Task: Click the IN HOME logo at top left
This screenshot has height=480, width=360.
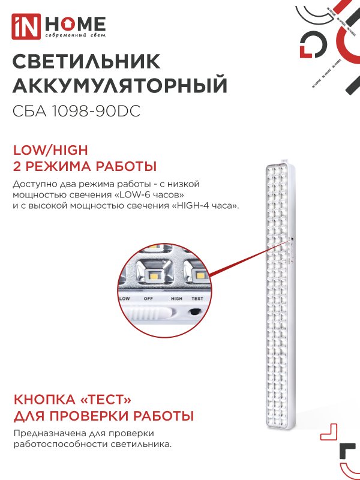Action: point(59,25)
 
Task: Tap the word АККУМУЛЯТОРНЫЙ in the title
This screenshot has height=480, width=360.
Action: point(120,86)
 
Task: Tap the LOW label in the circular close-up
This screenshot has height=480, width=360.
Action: point(125,298)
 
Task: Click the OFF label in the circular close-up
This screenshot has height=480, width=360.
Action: point(148,298)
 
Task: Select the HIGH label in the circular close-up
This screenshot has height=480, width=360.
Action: point(176,298)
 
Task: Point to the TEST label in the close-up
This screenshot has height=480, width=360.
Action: point(197,298)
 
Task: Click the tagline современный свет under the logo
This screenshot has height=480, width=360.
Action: point(73,38)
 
